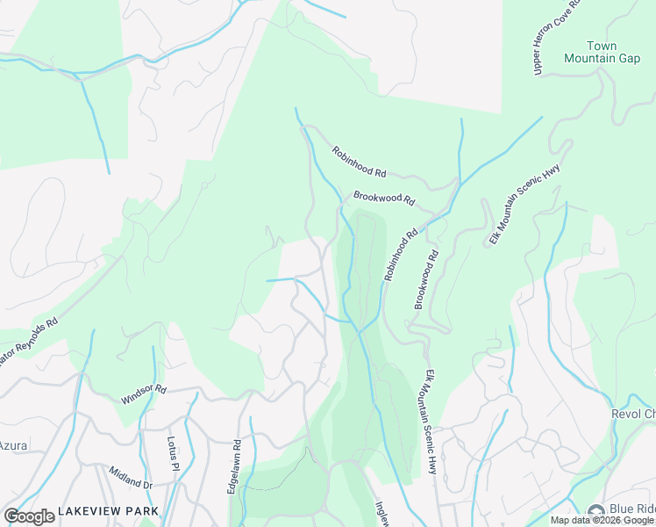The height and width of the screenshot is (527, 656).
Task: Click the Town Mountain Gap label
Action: tap(602, 52)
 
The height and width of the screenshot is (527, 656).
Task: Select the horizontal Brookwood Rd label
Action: tap(383, 198)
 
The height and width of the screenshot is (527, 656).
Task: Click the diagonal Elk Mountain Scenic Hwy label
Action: tap(524, 204)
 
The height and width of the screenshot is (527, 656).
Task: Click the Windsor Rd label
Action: tap(143, 393)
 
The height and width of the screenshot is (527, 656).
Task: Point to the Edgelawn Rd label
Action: tap(234, 466)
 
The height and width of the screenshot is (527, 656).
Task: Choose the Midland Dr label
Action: tap(131, 478)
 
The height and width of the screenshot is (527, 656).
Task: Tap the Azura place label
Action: tap(13, 445)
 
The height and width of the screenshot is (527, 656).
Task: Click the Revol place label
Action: tap(632, 414)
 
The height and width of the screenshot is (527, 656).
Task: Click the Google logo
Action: tap(29, 516)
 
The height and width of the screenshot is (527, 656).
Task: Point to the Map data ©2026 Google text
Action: tap(603, 520)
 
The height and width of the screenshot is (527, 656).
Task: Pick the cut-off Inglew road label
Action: tap(381, 515)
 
